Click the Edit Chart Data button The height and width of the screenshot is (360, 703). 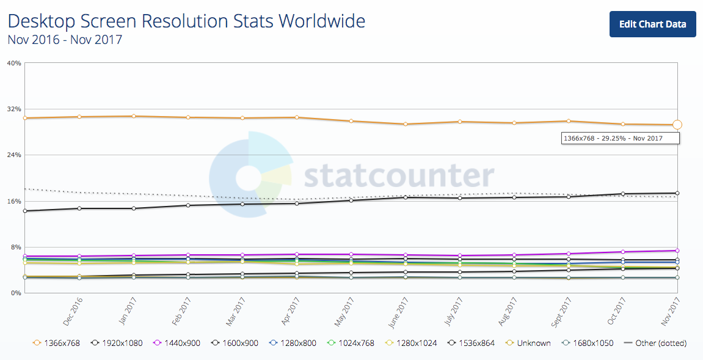(x=652, y=24)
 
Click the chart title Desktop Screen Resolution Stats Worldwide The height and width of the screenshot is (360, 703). (x=186, y=21)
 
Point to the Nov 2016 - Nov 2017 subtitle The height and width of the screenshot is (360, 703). (x=65, y=40)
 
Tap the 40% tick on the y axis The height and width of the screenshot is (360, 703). (x=14, y=63)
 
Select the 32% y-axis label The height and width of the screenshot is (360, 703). (x=14, y=109)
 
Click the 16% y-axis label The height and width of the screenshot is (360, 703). (x=14, y=201)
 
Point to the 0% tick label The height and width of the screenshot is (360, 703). (x=16, y=293)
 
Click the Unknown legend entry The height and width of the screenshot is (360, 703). (x=528, y=343)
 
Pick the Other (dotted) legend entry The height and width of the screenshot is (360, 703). (x=655, y=343)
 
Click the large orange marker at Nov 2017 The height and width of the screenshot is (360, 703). (x=677, y=125)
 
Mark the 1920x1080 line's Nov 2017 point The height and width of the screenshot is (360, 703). (x=677, y=193)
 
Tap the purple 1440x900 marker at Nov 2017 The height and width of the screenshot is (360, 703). (x=677, y=251)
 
